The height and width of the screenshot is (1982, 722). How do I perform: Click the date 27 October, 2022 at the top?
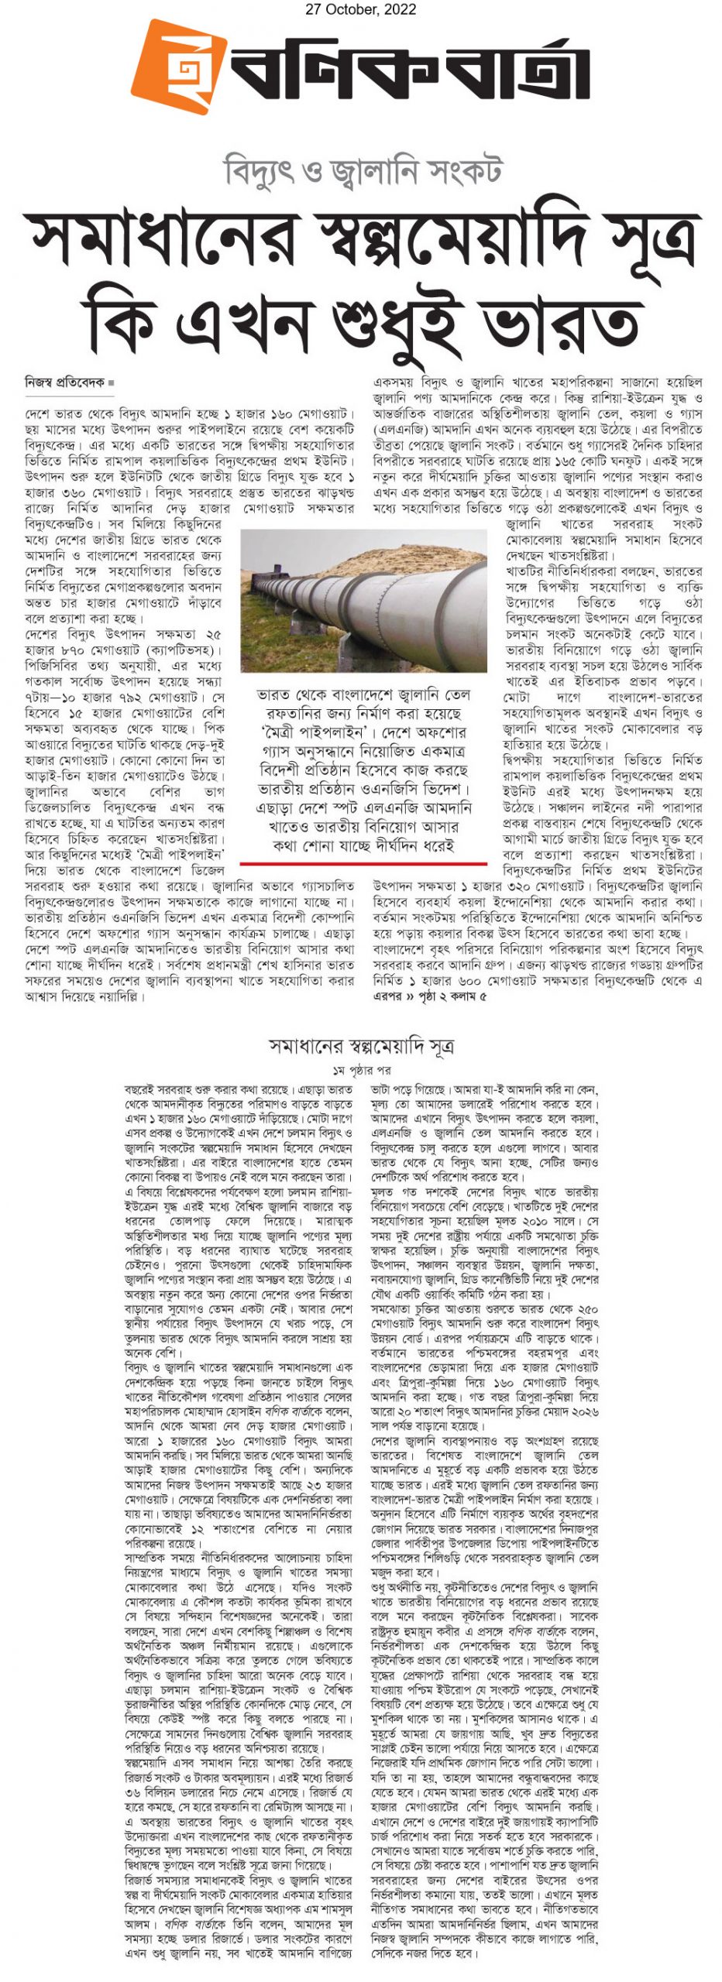(360, 9)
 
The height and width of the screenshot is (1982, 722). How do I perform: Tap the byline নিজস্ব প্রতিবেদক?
(64, 382)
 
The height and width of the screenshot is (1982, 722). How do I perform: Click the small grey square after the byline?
(112, 383)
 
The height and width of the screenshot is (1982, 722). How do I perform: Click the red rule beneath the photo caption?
(363, 862)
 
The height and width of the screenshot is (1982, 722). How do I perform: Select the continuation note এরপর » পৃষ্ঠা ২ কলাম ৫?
(430, 996)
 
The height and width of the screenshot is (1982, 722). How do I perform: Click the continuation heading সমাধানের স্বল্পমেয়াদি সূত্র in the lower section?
(361, 1046)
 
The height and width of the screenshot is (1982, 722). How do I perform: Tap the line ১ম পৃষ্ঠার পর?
(361, 1070)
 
